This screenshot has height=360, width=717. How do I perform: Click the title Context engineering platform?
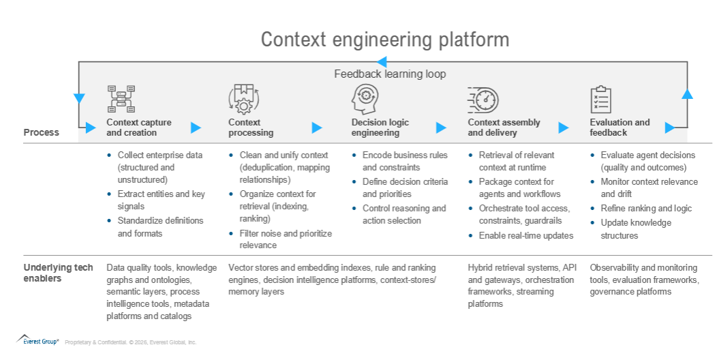[384, 40]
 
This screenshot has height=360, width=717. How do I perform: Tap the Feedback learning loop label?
[390, 74]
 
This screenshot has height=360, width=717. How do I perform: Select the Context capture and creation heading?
[139, 127]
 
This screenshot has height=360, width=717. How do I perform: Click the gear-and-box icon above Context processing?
[244, 99]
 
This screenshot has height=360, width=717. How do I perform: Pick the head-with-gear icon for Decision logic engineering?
[365, 99]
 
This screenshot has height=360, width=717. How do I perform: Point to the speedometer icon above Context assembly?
[483, 100]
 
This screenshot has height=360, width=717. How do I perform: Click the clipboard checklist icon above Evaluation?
[601, 100]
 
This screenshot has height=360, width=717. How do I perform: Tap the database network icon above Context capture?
[121, 99]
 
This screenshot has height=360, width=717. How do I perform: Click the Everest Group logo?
[37, 340]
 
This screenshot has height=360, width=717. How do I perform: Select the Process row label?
[41, 133]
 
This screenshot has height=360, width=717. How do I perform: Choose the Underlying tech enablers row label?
[58, 273]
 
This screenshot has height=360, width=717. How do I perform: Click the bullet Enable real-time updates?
[526, 236]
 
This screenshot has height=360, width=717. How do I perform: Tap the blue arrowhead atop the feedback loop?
[382, 62]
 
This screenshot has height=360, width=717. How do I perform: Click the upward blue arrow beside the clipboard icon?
[687, 94]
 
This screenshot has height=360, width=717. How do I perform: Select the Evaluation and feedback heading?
[620, 127]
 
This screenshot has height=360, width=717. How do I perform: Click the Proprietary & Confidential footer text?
[130, 342]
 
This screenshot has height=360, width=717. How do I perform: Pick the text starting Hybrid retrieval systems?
[522, 286]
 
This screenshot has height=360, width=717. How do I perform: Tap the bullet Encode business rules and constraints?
[405, 161]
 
